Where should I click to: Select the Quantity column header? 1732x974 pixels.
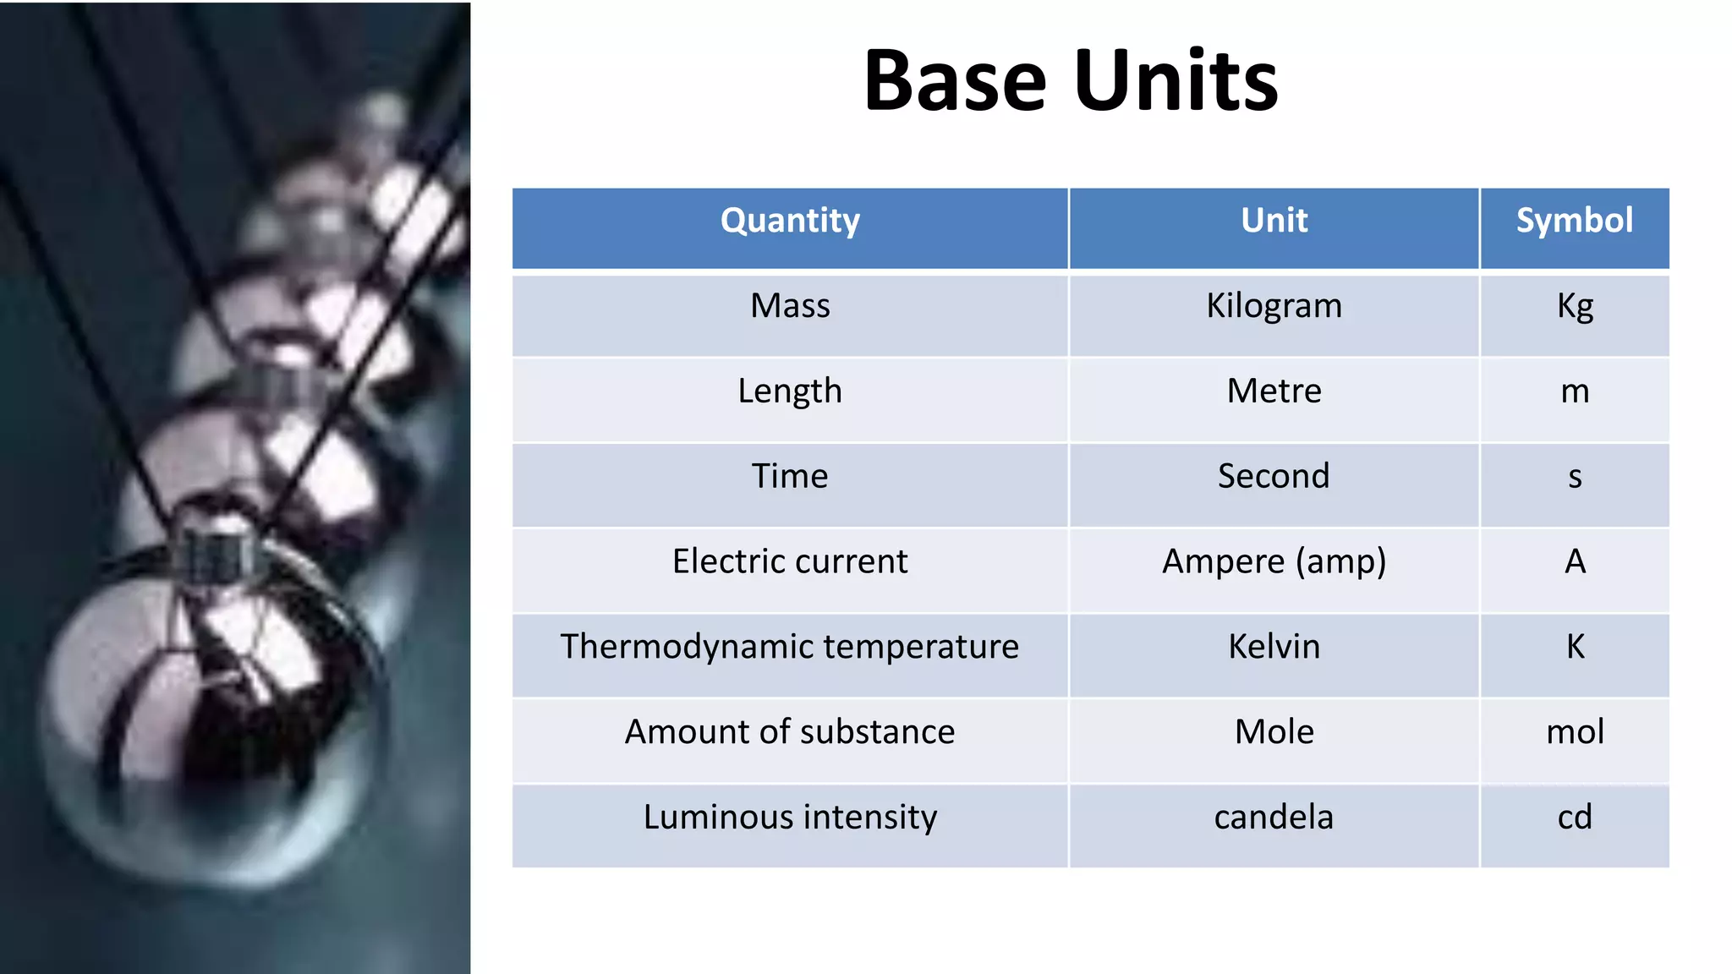point(790,221)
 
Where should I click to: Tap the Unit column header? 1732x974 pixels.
point(1274,221)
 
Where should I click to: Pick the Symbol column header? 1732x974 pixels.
point(1574,221)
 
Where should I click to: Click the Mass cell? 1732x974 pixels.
point(790,306)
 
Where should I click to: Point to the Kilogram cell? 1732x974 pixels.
point(1274,306)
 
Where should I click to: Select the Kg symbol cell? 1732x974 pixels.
point(1575,306)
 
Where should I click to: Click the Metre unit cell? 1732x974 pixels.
point(1274,391)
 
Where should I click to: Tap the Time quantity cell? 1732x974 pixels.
point(790,477)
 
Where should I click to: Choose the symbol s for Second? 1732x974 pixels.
point(1575,478)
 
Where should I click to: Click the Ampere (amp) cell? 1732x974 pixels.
point(1274,562)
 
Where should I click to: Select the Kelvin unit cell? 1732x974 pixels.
point(1274,647)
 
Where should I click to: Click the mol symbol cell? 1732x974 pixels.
point(1575,732)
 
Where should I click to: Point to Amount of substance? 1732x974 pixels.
point(790,732)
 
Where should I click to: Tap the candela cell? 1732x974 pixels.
point(1274,818)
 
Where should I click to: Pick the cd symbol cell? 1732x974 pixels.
point(1575,818)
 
